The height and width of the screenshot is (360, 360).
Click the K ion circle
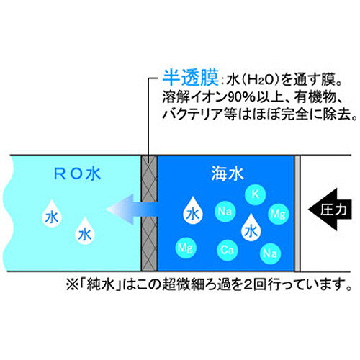coord(256,194)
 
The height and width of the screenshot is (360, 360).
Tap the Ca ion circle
coord(228,250)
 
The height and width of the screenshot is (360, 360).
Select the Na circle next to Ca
coord(270,253)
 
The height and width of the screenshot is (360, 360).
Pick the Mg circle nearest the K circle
coord(278,214)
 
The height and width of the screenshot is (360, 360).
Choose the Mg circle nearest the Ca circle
coord(186,248)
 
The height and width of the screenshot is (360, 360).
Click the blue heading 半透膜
coord(191,78)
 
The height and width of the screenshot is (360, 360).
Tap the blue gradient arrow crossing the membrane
coord(132,210)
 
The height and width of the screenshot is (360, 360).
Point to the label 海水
coord(228,174)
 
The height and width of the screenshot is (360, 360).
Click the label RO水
coord(77,174)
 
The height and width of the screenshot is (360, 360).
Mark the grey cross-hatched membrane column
coord(149,213)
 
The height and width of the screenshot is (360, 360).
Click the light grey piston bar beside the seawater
coord(297,213)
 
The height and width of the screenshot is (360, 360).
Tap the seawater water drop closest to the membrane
coord(193,211)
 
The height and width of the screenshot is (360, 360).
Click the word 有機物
coord(315,97)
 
